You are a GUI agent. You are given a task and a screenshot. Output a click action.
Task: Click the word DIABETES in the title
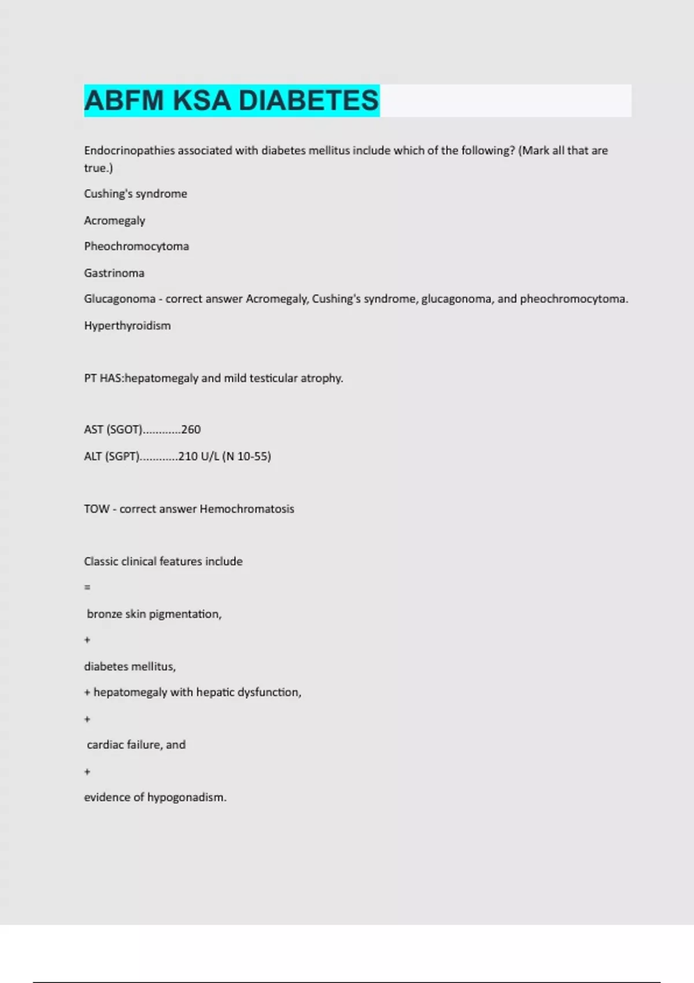coord(308,101)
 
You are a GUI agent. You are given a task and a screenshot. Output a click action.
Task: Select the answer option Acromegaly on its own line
coord(115,220)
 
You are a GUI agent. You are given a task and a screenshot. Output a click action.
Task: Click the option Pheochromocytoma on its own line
coord(136,246)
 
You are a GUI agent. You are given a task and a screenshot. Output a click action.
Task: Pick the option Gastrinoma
coord(114,273)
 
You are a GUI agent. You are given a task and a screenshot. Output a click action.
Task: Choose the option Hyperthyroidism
coord(127,326)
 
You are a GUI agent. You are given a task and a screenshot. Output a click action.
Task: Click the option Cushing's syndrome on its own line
coord(135,194)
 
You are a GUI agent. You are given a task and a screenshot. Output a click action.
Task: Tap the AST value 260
coord(191,430)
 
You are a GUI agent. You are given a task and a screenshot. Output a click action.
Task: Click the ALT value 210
coord(188,456)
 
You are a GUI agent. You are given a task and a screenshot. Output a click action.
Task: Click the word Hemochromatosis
coord(247,509)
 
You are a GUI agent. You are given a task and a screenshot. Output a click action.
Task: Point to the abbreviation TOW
coord(97,509)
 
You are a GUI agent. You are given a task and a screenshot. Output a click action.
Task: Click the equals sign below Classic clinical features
coord(87,587)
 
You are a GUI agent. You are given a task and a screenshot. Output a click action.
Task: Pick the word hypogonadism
coord(186,797)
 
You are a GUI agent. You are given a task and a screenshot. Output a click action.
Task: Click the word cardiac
coord(105,745)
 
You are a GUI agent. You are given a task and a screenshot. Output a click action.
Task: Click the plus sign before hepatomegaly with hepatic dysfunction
coord(87,693)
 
